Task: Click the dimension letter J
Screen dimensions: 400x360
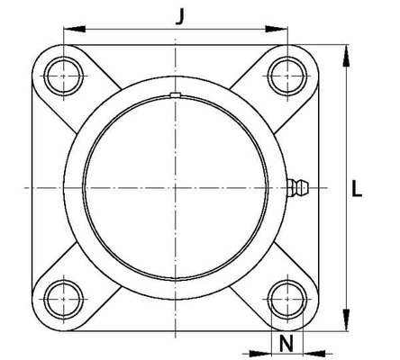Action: coord(179,16)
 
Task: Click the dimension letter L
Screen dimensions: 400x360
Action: coord(357,188)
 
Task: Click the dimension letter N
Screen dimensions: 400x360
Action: coord(286,344)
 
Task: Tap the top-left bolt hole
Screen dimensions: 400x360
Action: coord(64,76)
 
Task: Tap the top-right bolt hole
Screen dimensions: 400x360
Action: coord(287,76)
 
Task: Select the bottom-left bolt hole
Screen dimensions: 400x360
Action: coord(64,300)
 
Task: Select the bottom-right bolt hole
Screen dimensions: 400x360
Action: coord(287,300)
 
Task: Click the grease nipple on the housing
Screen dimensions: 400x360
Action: coord(298,188)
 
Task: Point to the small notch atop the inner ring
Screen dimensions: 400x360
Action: coord(175,94)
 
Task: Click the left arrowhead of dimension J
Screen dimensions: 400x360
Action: coord(75,29)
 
